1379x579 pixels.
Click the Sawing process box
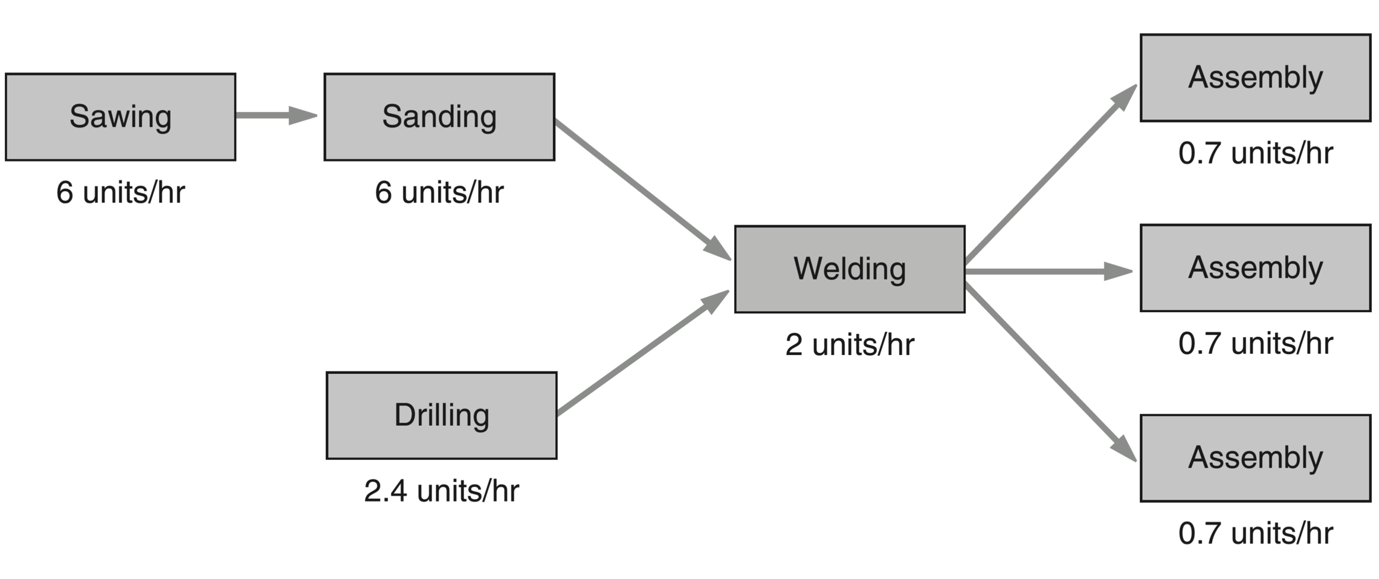[120, 117]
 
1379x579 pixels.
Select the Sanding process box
[439, 117]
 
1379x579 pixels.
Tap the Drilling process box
[441, 416]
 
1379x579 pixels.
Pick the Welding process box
[850, 269]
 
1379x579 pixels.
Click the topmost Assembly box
[1255, 77]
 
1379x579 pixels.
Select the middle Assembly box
[1255, 268]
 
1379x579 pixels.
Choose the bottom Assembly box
[1255, 458]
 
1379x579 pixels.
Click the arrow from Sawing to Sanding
[275, 115]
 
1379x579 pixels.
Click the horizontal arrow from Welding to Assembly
[1048, 272]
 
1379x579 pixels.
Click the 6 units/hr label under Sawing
[120, 192]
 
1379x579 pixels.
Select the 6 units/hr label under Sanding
[439, 192]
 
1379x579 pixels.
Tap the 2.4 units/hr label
[441, 491]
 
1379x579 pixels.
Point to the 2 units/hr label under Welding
[850, 345]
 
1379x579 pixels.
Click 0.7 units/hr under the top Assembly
[1255, 153]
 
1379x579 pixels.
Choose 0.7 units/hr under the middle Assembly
[1255, 344]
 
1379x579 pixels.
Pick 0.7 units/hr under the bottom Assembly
[1255, 534]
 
